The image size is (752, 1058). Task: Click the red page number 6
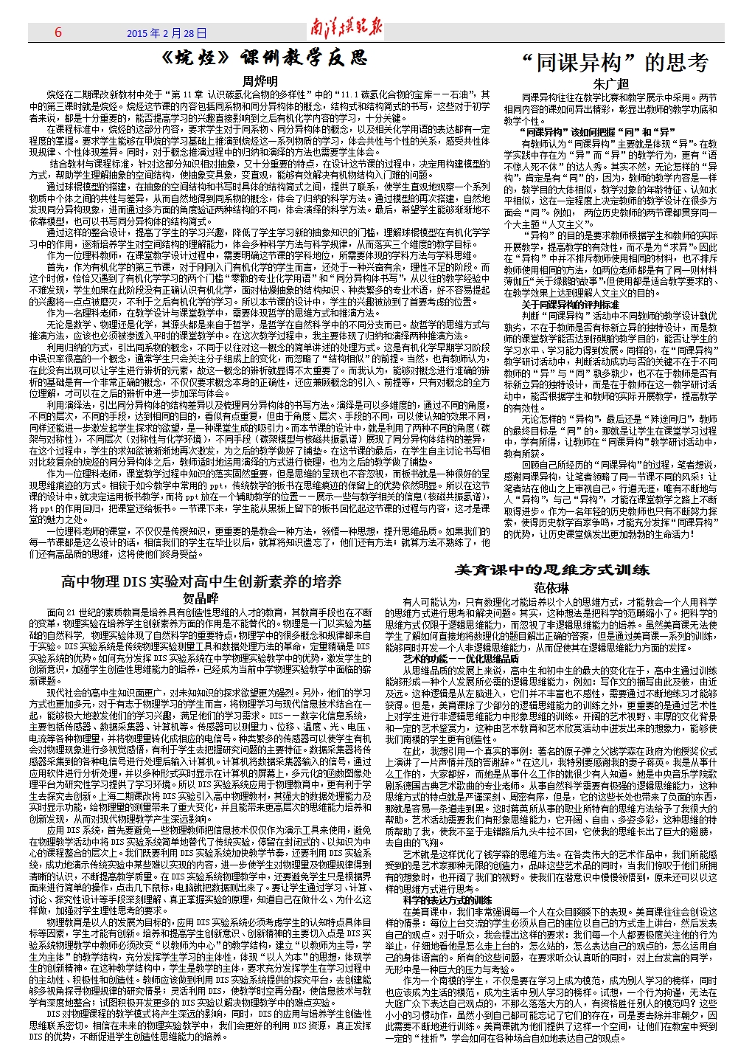(58, 32)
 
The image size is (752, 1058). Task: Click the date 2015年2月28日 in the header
(167, 33)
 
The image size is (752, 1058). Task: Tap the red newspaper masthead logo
(346, 30)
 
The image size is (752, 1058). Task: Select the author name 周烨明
(260, 81)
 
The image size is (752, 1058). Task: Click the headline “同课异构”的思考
(613, 63)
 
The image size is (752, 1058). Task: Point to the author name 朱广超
(611, 85)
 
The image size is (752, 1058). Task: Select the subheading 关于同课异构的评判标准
(571, 304)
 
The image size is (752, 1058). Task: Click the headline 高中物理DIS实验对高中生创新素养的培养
(201, 582)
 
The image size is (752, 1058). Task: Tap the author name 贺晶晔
(201, 598)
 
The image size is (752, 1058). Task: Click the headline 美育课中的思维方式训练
(552, 570)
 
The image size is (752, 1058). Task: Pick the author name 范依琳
(551, 588)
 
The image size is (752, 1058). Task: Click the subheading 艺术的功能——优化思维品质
(461, 658)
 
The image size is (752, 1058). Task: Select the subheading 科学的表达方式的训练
(448, 900)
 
